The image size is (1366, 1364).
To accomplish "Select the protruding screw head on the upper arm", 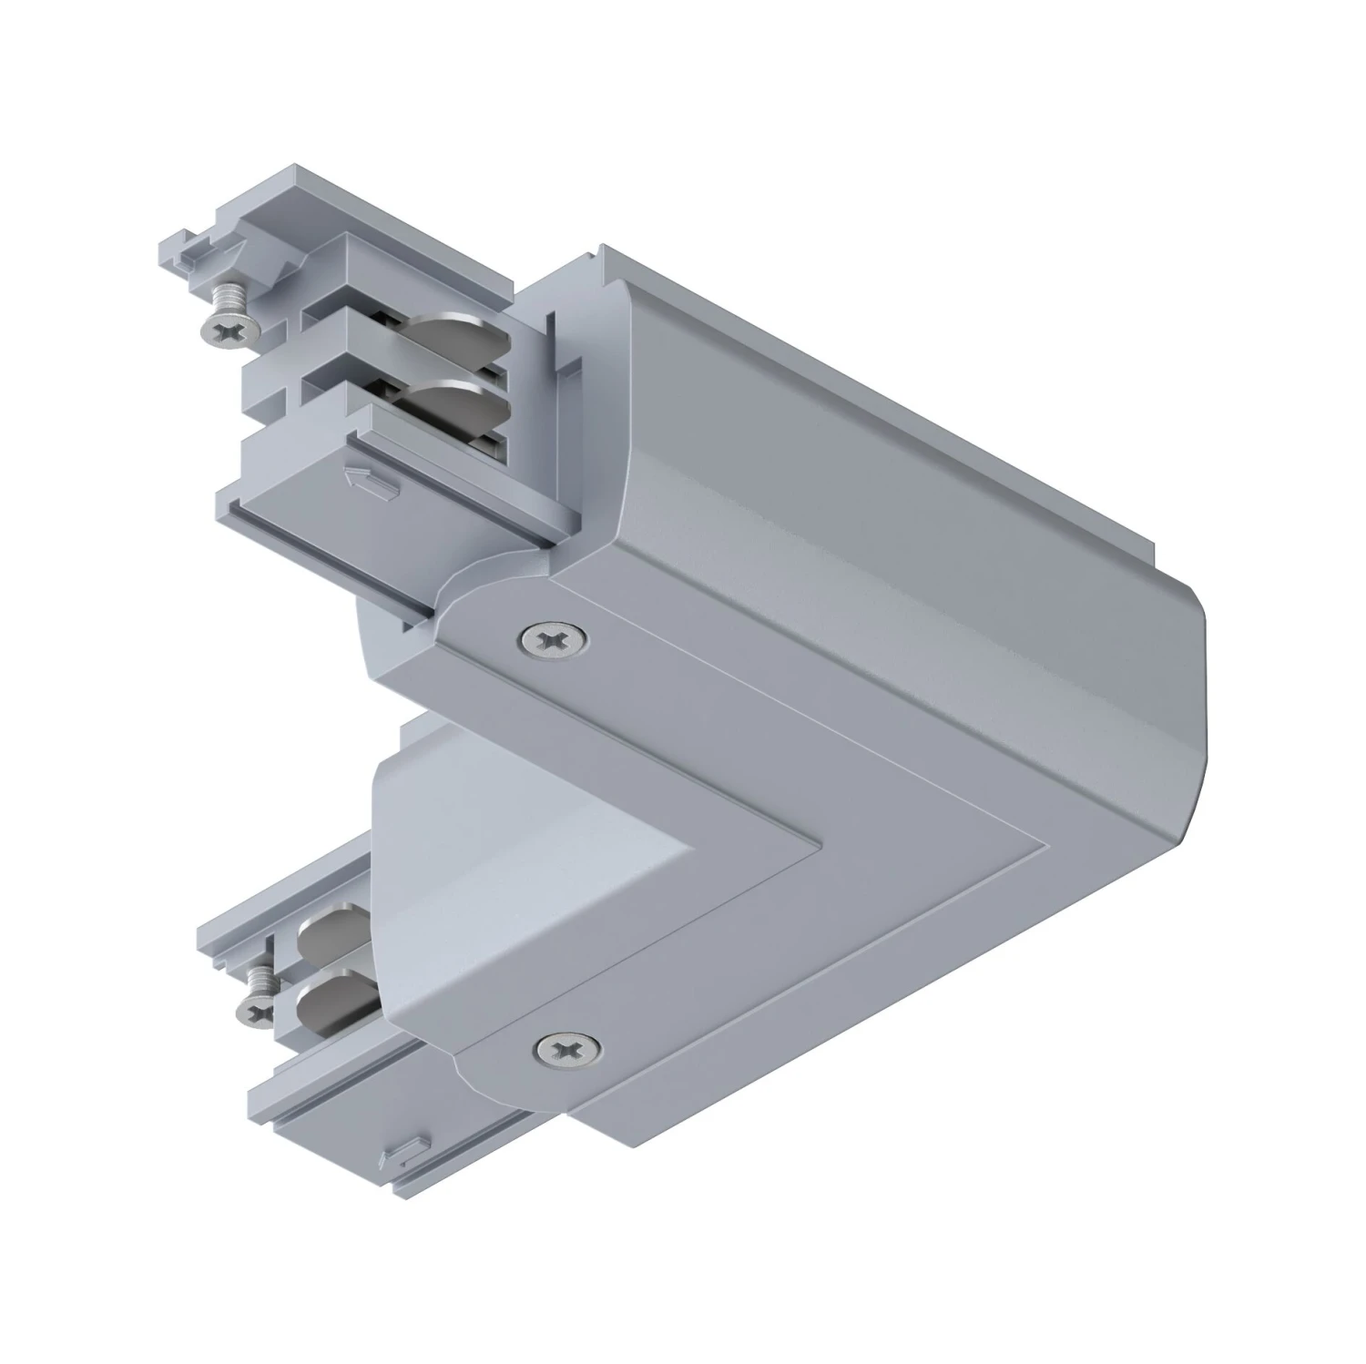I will point(224,332).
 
